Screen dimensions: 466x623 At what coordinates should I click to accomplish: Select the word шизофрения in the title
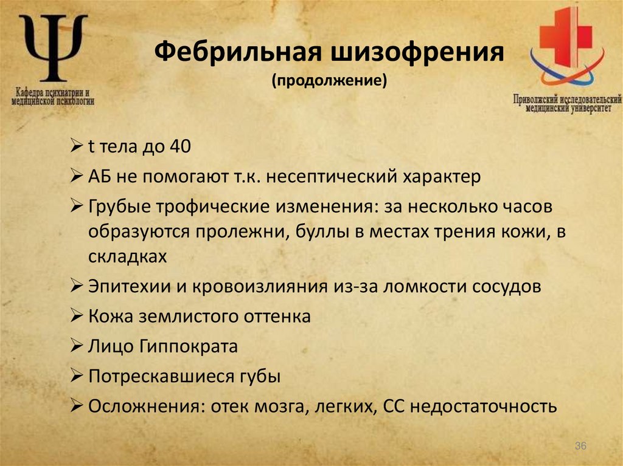coord(417,53)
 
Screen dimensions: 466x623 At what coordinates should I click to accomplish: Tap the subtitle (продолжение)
coord(329,81)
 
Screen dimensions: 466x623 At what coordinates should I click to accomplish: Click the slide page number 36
coord(580,447)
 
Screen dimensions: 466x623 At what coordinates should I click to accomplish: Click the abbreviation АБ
coord(100,177)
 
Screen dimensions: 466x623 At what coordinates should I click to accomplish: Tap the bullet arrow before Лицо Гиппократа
coord(77,346)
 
